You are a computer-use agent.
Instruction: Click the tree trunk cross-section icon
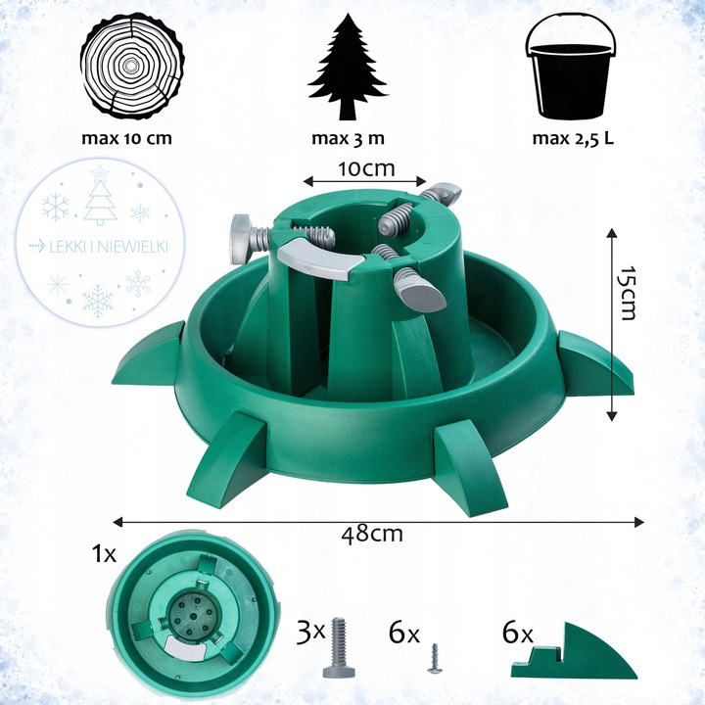132,69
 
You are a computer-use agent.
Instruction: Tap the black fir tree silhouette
348,67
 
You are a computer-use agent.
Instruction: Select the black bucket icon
572,69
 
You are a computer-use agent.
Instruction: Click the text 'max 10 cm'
126,138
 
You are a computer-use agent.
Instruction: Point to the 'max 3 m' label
349,138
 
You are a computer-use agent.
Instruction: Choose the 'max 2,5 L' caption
573,138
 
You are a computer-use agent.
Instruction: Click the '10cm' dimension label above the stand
366,168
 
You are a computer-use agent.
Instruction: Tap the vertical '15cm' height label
628,293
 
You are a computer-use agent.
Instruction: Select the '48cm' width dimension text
372,535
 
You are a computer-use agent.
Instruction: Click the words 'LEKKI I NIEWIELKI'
109,247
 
